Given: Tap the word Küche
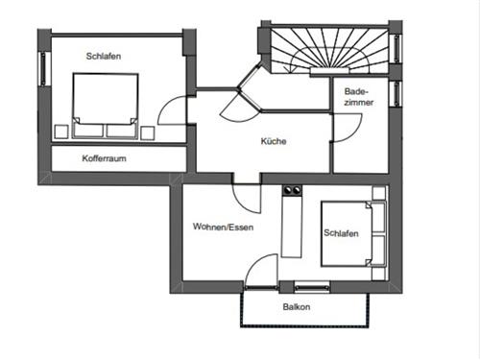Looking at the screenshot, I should tap(274, 142).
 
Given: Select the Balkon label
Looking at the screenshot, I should tap(297, 307).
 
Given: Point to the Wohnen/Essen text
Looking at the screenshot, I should tap(222, 228).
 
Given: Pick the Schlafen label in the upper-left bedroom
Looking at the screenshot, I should tap(103, 57).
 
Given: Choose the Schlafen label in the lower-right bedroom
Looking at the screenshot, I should tap(342, 232).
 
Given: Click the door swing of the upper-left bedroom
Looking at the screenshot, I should tap(172, 112).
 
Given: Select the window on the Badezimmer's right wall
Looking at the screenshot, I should tap(394, 92).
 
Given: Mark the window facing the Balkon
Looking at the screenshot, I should tap(311, 287).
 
